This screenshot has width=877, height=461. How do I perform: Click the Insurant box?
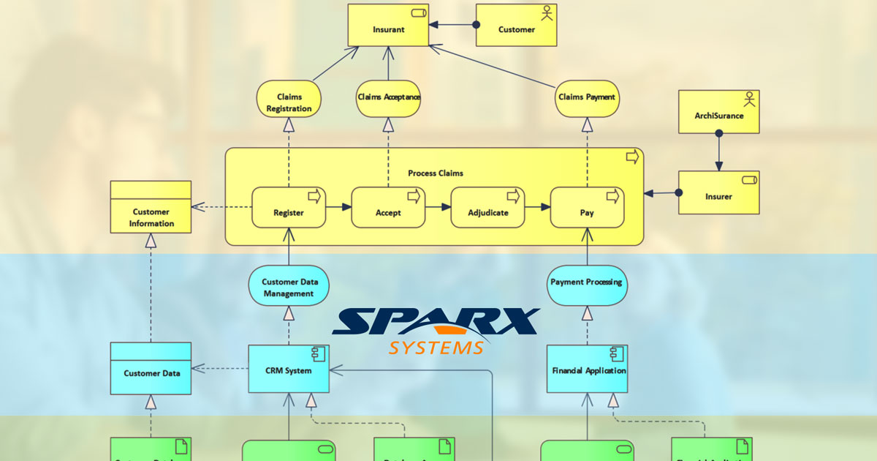pyautogui.click(x=388, y=30)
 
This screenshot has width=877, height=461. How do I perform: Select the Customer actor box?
pyautogui.click(x=516, y=30)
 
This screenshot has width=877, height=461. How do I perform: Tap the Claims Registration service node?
pyautogui.click(x=289, y=102)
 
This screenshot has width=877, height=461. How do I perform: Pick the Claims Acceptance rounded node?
pyautogui.click(x=388, y=97)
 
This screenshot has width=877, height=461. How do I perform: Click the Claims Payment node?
pyautogui.click(x=587, y=97)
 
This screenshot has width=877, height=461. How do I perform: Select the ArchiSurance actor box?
pyautogui.click(x=718, y=115)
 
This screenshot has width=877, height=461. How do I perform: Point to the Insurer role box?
pyautogui.click(x=718, y=196)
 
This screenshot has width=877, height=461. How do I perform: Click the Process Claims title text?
pyautogui.click(x=435, y=173)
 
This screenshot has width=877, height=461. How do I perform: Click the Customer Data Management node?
pyautogui.click(x=289, y=288)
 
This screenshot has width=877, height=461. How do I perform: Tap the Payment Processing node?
pyautogui.click(x=587, y=282)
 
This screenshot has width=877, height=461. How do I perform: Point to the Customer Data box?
pyautogui.click(x=151, y=372)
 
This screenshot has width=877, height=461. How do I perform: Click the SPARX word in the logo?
pyautogui.click(x=437, y=323)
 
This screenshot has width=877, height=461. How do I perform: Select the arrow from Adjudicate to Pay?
pyautogui.click(x=538, y=208)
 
